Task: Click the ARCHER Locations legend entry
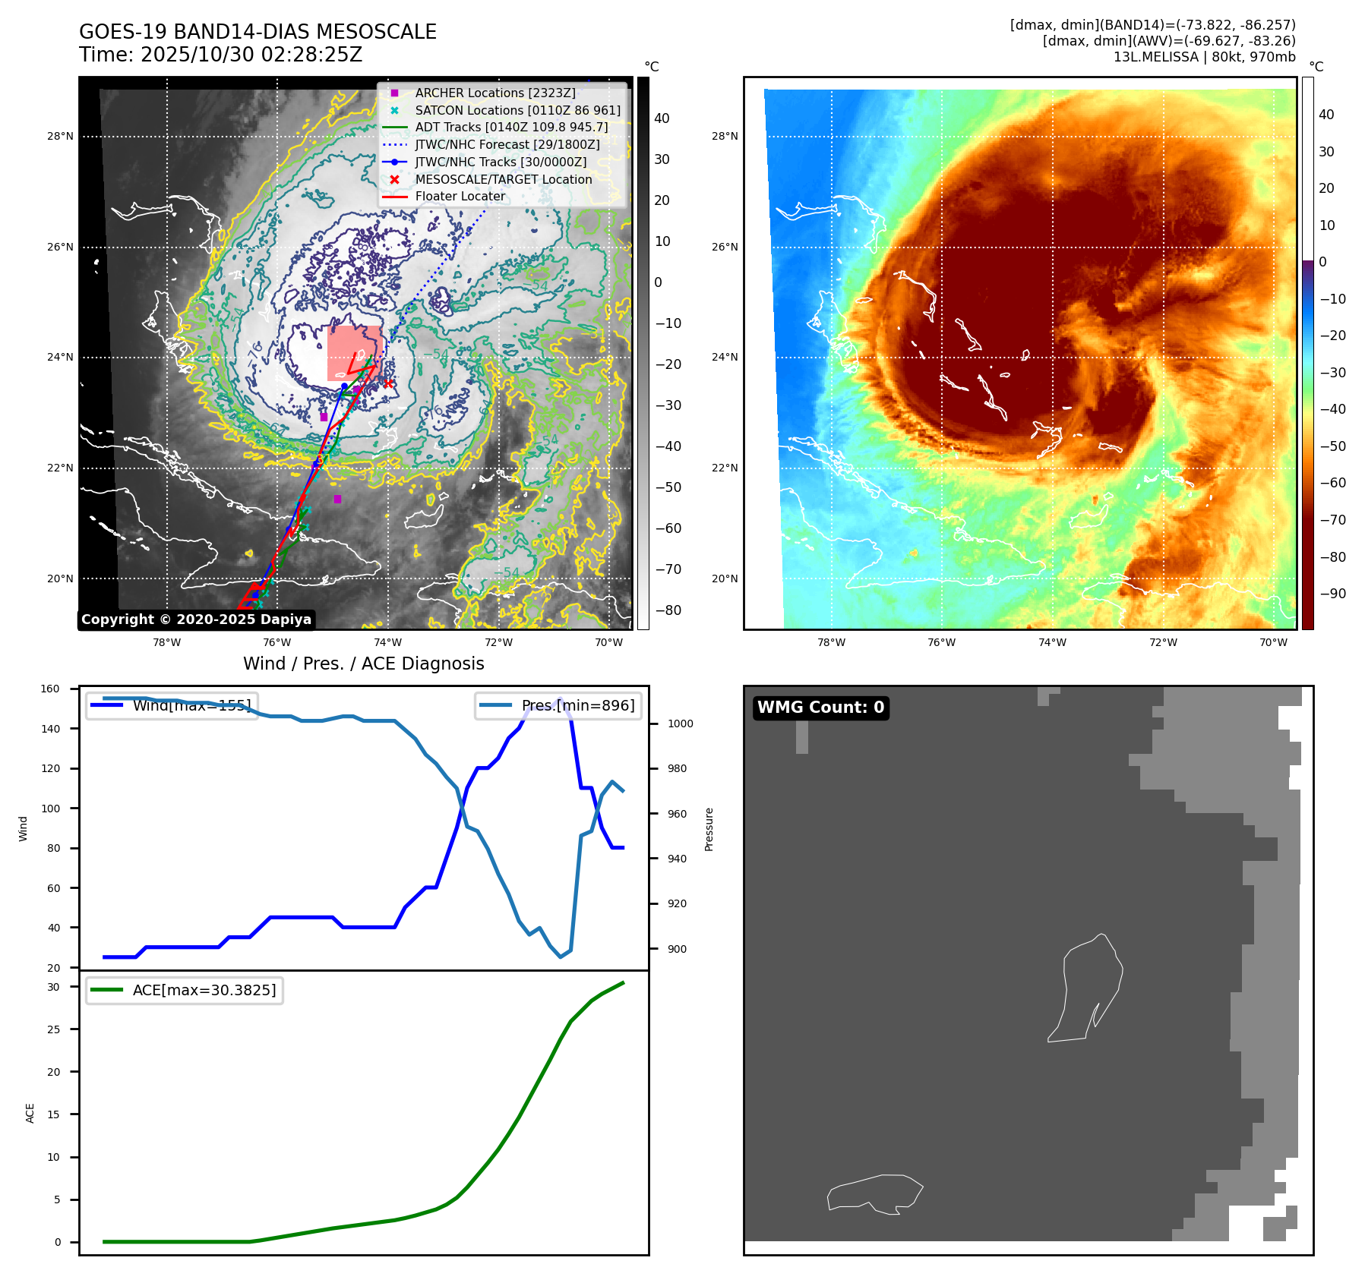click(x=494, y=93)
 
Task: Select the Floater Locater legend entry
click(x=460, y=196)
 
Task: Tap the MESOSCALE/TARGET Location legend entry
click(x=503, y=179)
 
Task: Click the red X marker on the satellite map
click(x=388, y=384)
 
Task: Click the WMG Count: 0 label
click(x=820, y=708)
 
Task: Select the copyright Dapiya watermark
click(x=196, y=619)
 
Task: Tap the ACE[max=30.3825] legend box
click(x=185, y=990)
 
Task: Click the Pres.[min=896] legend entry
click(x=559, y=705)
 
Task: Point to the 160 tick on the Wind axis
click(x=50, y=689)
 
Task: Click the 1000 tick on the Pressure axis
click(x=680, y=723)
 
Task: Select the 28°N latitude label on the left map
click(x=61, y=137)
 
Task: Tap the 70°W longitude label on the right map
click(x=1273, y=642)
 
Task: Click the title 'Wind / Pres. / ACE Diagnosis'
click(x=363, y=664)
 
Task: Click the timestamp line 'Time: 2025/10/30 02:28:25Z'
click(x=220, y=55)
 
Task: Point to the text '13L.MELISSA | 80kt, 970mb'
click(x=1204, y=57)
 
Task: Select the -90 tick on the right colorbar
click(x=1332, y=594)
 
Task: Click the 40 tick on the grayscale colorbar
click(x=662, y=118)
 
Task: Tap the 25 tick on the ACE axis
click(x=53, y=1029)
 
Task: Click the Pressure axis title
click(x=709, y=829)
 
